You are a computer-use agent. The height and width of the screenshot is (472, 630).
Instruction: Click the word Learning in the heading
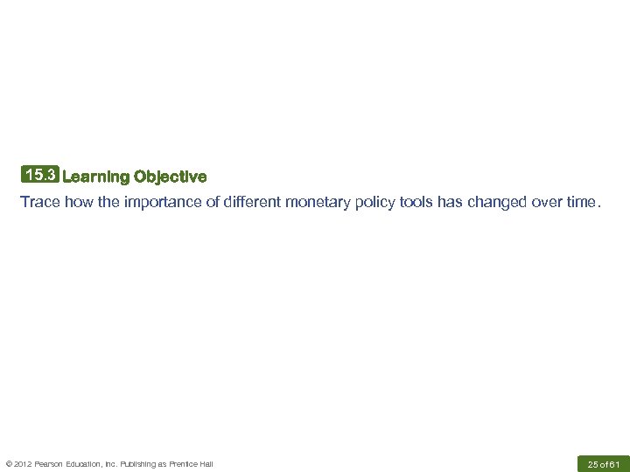coord(96,177)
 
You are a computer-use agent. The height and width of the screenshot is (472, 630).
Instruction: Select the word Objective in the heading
coord(171,177)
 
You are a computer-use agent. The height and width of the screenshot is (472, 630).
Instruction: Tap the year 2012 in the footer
coord(22,463)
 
